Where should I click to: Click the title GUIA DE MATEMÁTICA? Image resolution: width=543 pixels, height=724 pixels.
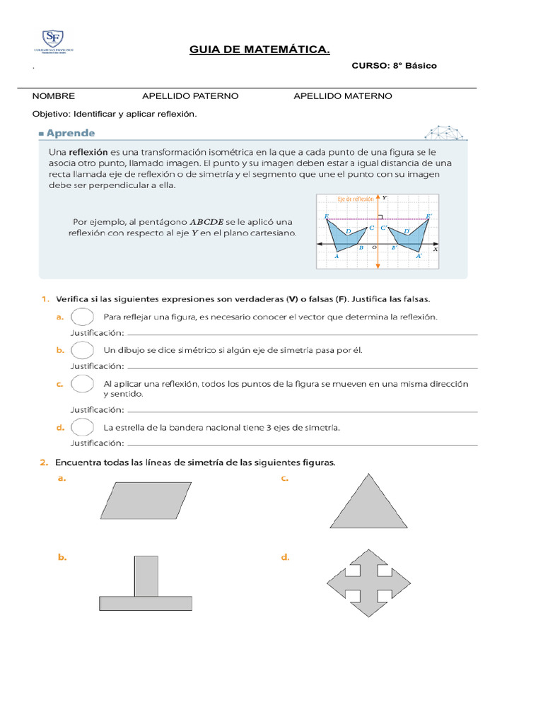(x=259, y=49)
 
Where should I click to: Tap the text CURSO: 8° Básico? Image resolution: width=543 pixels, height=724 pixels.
(x=394, y=66)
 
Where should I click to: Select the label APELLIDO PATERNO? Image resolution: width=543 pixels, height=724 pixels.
(x=190, y=96)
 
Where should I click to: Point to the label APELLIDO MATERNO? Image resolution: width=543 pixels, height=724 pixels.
(x=342, y=96)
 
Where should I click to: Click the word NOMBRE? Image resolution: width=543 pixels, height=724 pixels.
(x=54, y=96)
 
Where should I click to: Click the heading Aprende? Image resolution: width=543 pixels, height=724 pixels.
(x=69, y=133)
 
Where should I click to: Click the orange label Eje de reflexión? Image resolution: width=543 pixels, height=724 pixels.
(x=355, y=199)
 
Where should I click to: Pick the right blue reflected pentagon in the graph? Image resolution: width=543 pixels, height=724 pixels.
(x=411, y=237)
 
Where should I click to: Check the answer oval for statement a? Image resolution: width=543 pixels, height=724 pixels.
(x=83, y=317)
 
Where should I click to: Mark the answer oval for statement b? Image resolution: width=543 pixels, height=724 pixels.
(x=83, y=350)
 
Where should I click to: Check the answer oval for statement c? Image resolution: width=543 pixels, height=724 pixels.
(x=83, y=383)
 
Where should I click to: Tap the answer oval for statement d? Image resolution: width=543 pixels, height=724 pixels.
(x=83, y=427)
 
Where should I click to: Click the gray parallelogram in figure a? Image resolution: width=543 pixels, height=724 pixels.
(x=147, y=500)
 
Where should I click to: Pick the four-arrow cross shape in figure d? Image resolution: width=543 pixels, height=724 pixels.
(x=368, y=583)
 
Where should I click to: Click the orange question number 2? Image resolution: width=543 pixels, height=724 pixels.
(x=44, y=462)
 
